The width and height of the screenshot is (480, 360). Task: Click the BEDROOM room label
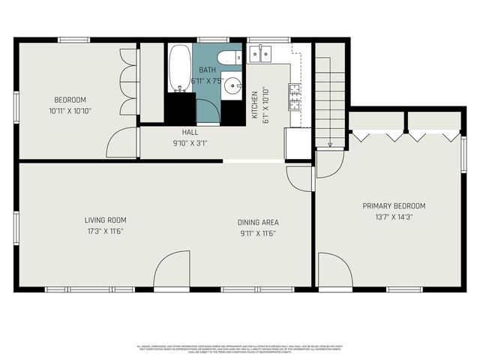[70, 100]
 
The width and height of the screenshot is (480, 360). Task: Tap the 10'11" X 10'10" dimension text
[70, 111]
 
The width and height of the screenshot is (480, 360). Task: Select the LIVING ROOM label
[105, 220]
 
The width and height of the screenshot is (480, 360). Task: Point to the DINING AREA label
[258, 222]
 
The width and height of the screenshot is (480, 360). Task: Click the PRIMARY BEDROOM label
[394, 206]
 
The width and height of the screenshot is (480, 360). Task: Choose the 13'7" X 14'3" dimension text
[394, 217]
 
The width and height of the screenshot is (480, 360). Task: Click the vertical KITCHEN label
[255, 106]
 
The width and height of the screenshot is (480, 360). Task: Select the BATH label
[208, 70]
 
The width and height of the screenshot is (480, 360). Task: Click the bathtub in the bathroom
[179, 68]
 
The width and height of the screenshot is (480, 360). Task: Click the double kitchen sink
[263, 52]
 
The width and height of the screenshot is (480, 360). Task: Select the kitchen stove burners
[296, 95]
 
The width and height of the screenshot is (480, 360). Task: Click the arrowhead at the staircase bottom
[330, 144]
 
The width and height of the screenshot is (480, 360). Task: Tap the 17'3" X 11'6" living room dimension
[105, 232]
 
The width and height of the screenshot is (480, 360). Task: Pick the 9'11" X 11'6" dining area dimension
[258, 233]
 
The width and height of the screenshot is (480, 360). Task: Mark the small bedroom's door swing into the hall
[121, 142]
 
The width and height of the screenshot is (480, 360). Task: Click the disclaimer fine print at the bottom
[240, 349]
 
